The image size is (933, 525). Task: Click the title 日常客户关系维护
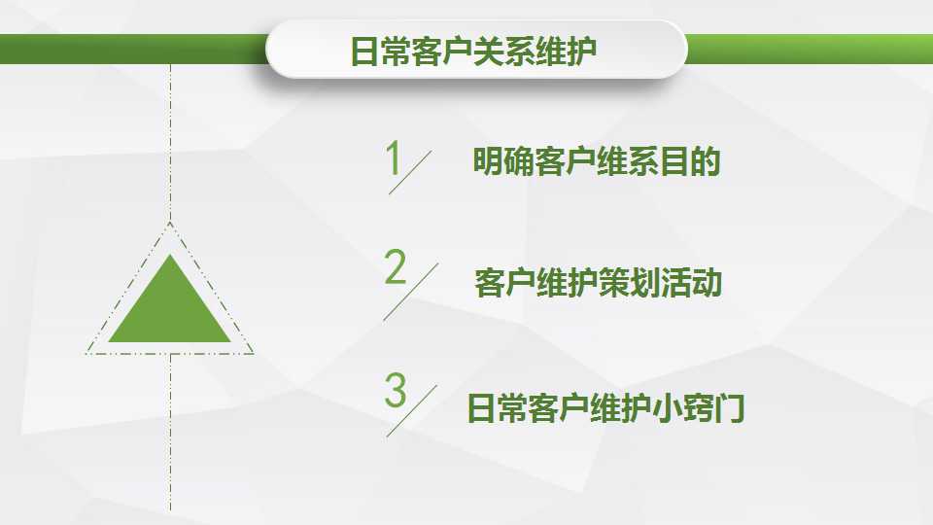pos(473,52)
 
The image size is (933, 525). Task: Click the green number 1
pos(393,157)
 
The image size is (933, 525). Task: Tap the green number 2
pos(396,266)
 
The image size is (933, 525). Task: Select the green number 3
pos(396,390)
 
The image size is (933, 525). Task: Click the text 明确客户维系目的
pos(596,161)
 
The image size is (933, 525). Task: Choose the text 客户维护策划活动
pos(598,283)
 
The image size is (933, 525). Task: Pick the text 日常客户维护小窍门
pos(605,407)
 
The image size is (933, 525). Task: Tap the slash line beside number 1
pos(410,172)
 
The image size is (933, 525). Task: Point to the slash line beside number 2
pos(410,292)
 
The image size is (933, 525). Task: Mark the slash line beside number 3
pos(412,410)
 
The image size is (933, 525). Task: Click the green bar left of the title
pos(133,49)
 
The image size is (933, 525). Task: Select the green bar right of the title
pos(810,49)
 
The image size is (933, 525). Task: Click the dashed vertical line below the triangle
pos(170,433)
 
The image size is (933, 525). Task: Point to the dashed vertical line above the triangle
pos(170,143)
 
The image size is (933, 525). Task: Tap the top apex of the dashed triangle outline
pos(170,224)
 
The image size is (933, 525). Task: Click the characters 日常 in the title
pos(380,52)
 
